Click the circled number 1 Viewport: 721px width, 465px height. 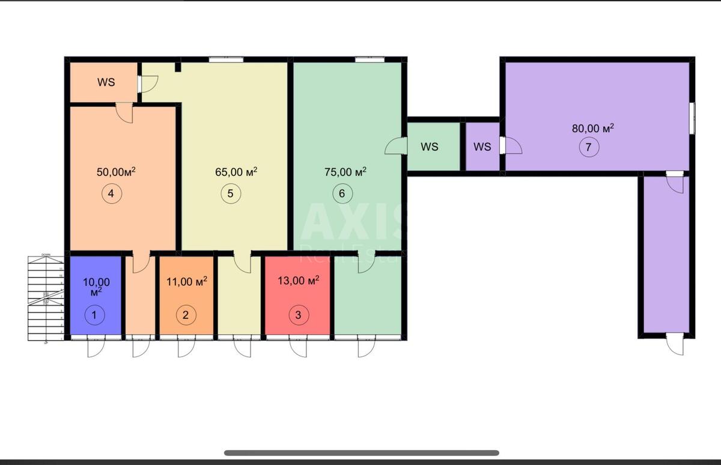tap(94, 314)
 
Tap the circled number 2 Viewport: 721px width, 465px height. tap(186, 314)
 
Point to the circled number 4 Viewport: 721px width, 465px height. tap(112, 193)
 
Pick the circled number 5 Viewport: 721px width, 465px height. tap(230, 193)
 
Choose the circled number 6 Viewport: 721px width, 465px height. tap(342, 193)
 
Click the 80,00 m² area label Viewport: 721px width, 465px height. tap(592, 128)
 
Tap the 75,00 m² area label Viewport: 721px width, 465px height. tap(345, 172)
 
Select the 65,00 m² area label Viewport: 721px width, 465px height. tap(236, 172)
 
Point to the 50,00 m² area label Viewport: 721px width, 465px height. tap(116, 172)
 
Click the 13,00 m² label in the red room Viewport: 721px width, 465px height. tap(298, 280)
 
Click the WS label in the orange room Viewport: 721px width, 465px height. tap(106, 82)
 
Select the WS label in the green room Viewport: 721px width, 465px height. tap(429, 147)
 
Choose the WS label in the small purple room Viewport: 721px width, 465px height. tap(482, 147)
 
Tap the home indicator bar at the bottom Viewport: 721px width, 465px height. tap(361, 452)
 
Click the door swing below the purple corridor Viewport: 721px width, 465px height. tap(675, 347)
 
